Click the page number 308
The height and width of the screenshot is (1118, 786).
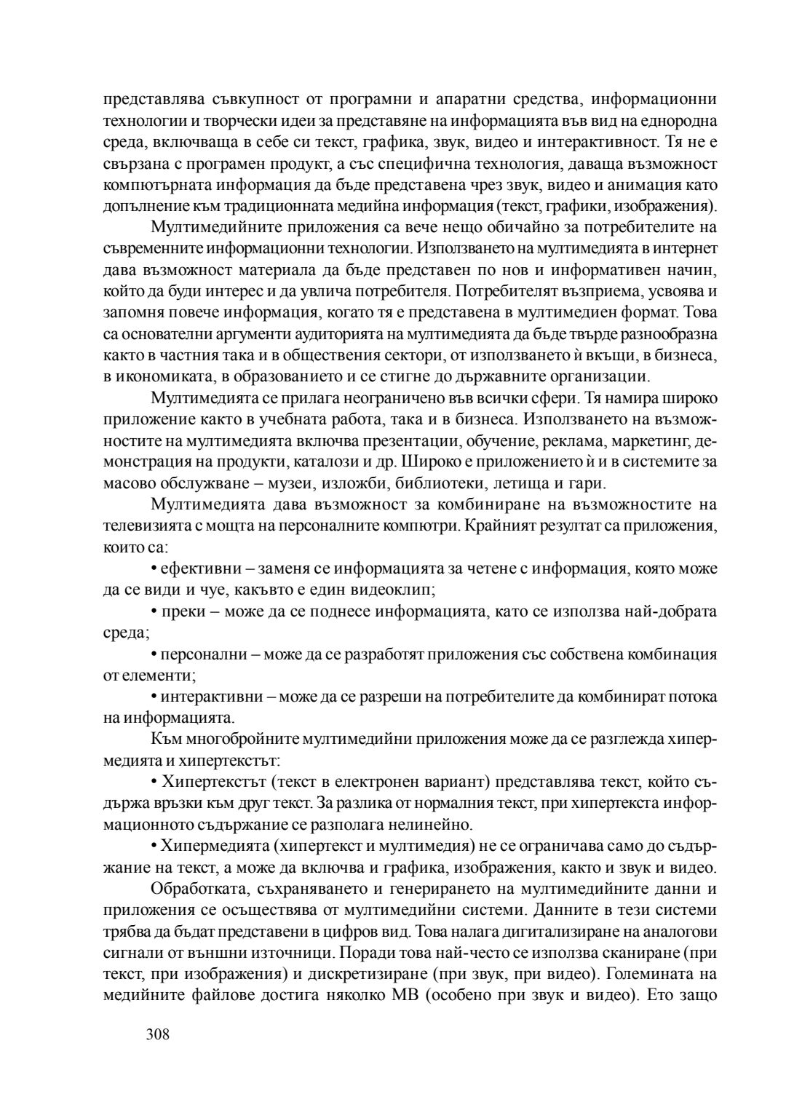pyautogui.click(x=158, y=1034)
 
